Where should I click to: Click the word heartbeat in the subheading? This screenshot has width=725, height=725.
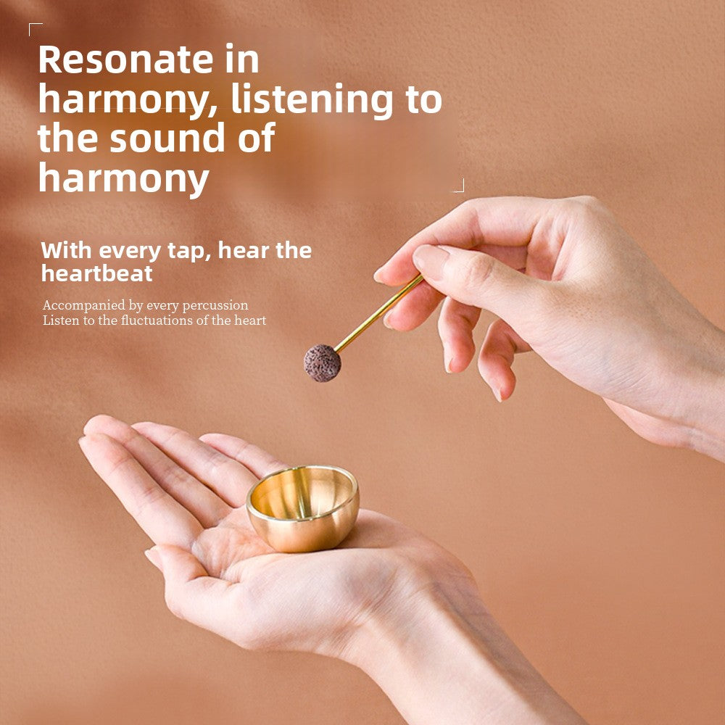coord(97,273)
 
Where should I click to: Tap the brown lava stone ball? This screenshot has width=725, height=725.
coord(322,362)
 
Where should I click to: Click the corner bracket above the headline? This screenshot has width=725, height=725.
coord(34,28)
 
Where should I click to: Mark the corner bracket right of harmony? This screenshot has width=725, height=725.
coord(458,186)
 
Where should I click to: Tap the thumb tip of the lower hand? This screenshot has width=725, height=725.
coord(154,557)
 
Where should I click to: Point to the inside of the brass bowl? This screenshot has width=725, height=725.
coord(302,493)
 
